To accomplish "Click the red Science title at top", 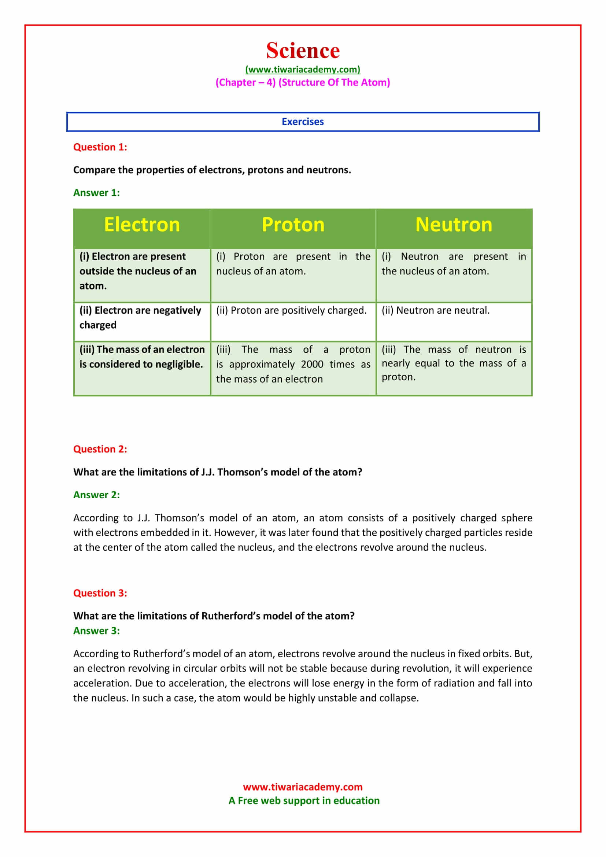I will pyautogui.click(x=303, y=51).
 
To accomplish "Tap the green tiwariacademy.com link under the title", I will pyautogui.click(x=303, y=69).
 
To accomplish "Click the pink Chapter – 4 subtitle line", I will pyautogui.click(x=303, y=82).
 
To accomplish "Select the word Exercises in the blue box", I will pyautogui.click(x=303, y=122).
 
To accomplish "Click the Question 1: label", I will pyautogui.click(x=100, y=147).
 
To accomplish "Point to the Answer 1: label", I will pyautogui.click(x=96, y=193).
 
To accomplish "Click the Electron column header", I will pyautogui.click(x=142, y=225).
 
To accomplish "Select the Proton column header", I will pyautogui.click(x=293, y=225).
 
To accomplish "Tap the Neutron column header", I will pyautogui.click(x=454, y=225).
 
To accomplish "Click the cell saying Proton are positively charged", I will pyautogui.click(x=291, y=310).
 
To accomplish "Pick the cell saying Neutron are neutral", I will pyautogui.click(x=436, y=310).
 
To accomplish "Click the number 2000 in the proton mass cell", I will pyautogui.click(x=312, y=364).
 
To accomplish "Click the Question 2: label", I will pyautogui.click(x=100, y=449).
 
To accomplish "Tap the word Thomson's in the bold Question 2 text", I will pyautogui.click(x=242, y=472).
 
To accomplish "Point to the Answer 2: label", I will pyautogui.click(x=96, y=495).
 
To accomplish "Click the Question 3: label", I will pyautogui.click(x=100, y=593).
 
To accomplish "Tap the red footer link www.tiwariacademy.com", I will pyautogui.click(x=303, y=787).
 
